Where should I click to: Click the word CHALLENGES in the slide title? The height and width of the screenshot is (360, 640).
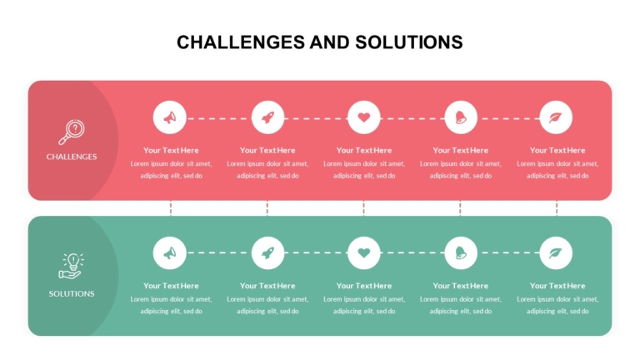[240, 42]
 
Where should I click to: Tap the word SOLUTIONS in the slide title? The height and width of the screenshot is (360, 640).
[409, 42]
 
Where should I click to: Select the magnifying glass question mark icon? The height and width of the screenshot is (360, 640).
[72, 132]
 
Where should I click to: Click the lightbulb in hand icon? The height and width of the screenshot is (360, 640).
[72, 266]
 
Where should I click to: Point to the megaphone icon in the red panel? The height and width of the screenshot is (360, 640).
[170, 118]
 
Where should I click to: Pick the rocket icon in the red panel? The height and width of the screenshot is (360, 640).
[267, 118]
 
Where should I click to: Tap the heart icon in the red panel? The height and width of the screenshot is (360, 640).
[364, 117]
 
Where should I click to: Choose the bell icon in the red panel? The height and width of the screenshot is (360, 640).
[461, 117]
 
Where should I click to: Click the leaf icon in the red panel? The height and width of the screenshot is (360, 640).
[556, 117]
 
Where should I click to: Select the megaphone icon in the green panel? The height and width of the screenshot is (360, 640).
[170, 253]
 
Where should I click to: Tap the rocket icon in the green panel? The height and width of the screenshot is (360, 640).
[267, 253]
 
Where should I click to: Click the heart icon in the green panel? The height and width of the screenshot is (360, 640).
[364, 253]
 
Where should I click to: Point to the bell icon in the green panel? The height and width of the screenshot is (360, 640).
[461, 253]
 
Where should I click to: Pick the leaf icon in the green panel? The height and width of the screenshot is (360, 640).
[556, 253]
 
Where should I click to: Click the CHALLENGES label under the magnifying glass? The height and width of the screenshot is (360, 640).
[72, 157]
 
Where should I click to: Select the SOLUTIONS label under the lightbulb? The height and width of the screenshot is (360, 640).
[72, 294]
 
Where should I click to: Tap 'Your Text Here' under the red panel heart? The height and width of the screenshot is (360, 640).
[364, 150]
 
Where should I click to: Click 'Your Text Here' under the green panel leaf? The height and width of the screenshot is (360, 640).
[557, 286]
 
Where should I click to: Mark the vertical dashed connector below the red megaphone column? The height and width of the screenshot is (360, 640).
[171, 208]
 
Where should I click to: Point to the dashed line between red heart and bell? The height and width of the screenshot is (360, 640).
[412, 118]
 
